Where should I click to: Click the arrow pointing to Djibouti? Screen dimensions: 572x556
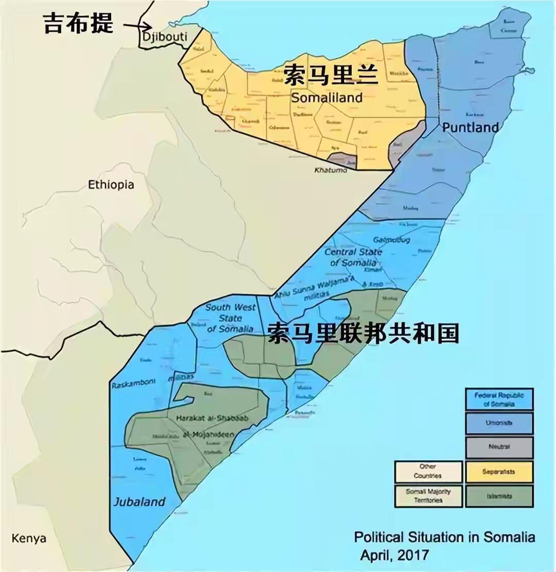coord(138,26)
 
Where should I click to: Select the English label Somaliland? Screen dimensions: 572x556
coord(326,97)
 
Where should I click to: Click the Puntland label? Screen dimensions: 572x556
coord(471,127)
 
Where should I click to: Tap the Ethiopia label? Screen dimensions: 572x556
coord(111,185)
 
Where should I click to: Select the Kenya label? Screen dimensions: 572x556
coord(29,539)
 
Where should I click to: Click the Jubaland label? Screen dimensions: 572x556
coord(140,502)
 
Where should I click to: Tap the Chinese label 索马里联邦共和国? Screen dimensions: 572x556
coord(363,334)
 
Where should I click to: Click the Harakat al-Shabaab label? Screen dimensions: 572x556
coord(212,419)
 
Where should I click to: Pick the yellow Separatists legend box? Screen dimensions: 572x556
coord(499,472)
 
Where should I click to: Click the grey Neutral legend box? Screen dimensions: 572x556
coord(499,447)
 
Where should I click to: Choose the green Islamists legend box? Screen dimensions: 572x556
coord(499,496)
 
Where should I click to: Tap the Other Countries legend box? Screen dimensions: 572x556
coord(428,472)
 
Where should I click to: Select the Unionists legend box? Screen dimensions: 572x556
coord(499,423)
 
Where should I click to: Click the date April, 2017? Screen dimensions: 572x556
coord(394,555)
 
